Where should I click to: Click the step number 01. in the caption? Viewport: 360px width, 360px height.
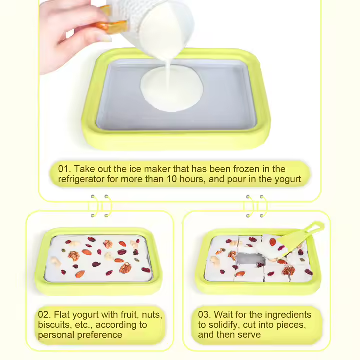point(64,169)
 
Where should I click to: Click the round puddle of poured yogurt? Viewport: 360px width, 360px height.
point(172,89)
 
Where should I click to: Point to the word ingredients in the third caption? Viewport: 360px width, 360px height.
point(287,315)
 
